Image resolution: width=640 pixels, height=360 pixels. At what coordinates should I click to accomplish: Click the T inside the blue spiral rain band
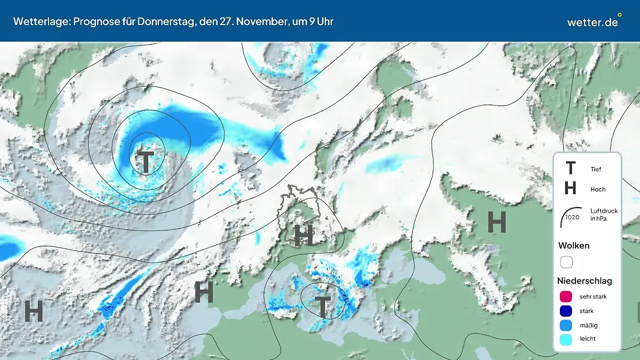click(x=145, y=162)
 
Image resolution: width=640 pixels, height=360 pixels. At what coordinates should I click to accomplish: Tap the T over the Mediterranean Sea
click(x=322, y=307)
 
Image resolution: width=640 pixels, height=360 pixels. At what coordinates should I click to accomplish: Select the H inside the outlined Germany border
click(x=303, y=235)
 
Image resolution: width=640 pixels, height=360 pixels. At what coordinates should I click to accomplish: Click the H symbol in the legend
click(x=570, y=189)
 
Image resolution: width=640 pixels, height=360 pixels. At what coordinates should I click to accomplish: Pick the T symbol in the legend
click(x=570, y=169)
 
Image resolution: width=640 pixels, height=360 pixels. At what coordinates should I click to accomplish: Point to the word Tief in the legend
click(x=596, y=169)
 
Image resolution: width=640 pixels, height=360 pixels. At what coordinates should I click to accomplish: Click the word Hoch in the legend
click(x=598, y=189)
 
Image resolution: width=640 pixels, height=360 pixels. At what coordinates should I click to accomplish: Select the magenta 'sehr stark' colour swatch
click(x=566, y=297)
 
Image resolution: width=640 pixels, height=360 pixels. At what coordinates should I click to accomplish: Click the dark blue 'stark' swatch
click(x=566, y=311)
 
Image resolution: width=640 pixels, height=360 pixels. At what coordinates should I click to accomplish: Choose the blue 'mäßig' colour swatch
click(x=566, y=325)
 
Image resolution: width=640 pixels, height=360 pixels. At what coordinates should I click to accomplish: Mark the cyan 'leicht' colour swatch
click(x=566, y=339)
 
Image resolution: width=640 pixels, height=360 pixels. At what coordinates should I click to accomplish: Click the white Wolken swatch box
click(x=566, y=262)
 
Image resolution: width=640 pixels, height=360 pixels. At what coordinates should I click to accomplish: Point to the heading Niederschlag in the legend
click(x=585, y=281)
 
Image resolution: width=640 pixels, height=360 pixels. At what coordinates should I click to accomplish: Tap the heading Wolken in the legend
click(x=573, y=246)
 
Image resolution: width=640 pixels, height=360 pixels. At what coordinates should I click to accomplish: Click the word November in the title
click(x=259, y=21)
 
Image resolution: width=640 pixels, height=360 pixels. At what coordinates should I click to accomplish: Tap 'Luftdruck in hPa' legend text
click(x=604, y=215)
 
